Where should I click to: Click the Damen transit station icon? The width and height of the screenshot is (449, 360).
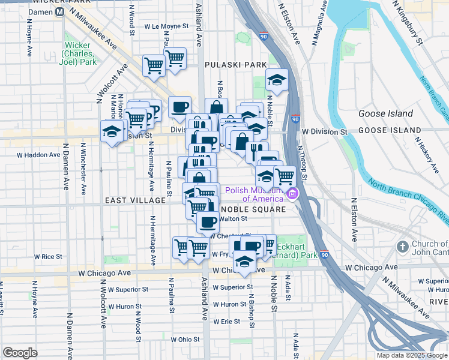[x=59, y=12]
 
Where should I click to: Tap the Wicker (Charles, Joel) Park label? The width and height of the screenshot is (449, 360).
[x=80, y=53]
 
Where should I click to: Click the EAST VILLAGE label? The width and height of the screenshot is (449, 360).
[x=135, y=200]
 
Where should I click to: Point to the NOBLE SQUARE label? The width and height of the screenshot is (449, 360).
[x=252, y=209]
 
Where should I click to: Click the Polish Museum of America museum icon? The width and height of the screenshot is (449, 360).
[x=292, y=194]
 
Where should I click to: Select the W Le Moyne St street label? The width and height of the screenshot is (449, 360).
[x=167, y=27]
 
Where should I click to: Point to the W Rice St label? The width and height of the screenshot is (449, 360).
[x=48, y=256]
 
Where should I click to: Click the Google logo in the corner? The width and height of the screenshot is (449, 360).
[x=20, y=353]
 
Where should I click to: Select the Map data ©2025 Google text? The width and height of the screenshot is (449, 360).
[x=411, y=355]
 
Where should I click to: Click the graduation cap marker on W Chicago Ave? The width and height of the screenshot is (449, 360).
[x=244, y=262]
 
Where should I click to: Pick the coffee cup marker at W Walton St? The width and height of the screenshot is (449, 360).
[x=208, y=222]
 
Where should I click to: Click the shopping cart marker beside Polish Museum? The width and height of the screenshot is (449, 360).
[x=285, y=176]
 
